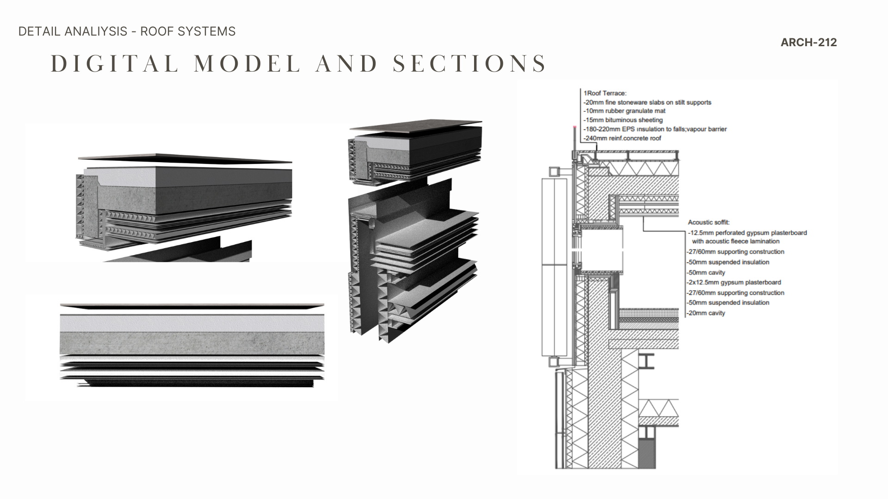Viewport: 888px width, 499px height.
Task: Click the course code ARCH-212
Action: tap(808, 43)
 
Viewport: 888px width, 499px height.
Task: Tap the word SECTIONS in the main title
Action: tap(469, 64)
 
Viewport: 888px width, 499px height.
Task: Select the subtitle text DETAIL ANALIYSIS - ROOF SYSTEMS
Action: tap(127, 31)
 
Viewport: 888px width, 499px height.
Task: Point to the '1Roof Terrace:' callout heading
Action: tap(605, 93)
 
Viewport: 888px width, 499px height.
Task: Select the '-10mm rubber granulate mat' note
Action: tap(624, 111)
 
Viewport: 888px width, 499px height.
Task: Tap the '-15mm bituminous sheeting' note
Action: tap(623, 120)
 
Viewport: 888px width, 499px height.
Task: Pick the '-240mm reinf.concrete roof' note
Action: tap(623, 138)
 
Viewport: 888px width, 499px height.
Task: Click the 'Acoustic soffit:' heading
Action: tap(709, 223)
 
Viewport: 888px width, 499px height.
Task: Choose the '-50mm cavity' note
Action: tap(706, 273)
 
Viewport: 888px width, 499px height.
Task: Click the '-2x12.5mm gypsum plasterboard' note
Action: tap(734, 282)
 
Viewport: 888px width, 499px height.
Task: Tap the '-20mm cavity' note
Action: tap(706, 313)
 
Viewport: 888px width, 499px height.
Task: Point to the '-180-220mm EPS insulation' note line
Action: tap(655, 129)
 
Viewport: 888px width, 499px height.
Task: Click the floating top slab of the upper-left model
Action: tap(185, 158)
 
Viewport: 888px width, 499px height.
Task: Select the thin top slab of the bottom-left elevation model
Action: tap(192, 306)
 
